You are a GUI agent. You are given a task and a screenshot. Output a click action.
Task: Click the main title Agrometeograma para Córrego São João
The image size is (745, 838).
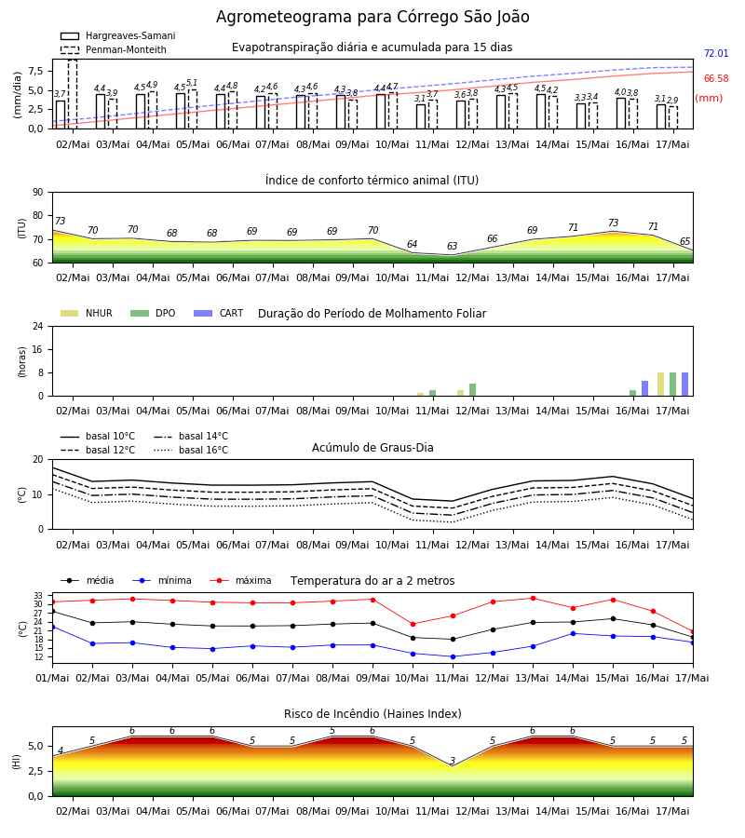point(372,17)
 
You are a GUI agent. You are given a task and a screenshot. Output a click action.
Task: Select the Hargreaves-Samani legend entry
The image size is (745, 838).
point(117,35)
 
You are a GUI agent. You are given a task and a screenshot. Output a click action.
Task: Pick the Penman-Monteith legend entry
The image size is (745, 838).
point(114,49)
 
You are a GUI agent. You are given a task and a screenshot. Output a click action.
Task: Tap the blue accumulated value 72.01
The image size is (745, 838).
point(716,53)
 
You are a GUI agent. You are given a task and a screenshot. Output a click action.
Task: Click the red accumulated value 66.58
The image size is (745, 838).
point(716,78)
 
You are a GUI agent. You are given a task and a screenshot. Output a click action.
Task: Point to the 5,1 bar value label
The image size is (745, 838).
point(192,83)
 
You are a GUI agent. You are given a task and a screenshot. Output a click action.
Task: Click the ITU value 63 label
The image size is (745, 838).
point(453,246)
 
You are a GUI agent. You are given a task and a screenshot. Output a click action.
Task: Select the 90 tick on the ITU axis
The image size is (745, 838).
point(38,193)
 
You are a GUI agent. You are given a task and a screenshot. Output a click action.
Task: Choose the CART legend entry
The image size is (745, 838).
point(218,313)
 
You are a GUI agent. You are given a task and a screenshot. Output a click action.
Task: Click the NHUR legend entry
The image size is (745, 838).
point(86,313)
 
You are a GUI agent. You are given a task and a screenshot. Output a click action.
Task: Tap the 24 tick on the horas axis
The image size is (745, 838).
point(38,326)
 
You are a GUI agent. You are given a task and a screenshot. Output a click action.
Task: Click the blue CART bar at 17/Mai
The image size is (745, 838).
point(684,385)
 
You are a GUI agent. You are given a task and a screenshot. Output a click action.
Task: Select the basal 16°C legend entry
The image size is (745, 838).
point(191,450)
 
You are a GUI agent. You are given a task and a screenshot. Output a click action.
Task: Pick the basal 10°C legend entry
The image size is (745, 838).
point(98,436)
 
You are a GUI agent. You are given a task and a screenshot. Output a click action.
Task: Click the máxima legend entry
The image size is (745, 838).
point(240,580)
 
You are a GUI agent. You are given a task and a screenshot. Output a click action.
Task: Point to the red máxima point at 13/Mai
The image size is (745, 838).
point(533,598)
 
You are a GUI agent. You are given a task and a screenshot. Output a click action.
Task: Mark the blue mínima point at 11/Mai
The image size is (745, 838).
point(453,656)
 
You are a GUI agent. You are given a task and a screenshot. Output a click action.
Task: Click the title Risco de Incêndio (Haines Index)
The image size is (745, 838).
point(372,714)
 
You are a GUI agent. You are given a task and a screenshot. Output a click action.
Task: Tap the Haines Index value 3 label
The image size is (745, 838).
point(453,761)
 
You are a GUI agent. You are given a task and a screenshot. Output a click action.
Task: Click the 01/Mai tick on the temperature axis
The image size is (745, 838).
point(52,678)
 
